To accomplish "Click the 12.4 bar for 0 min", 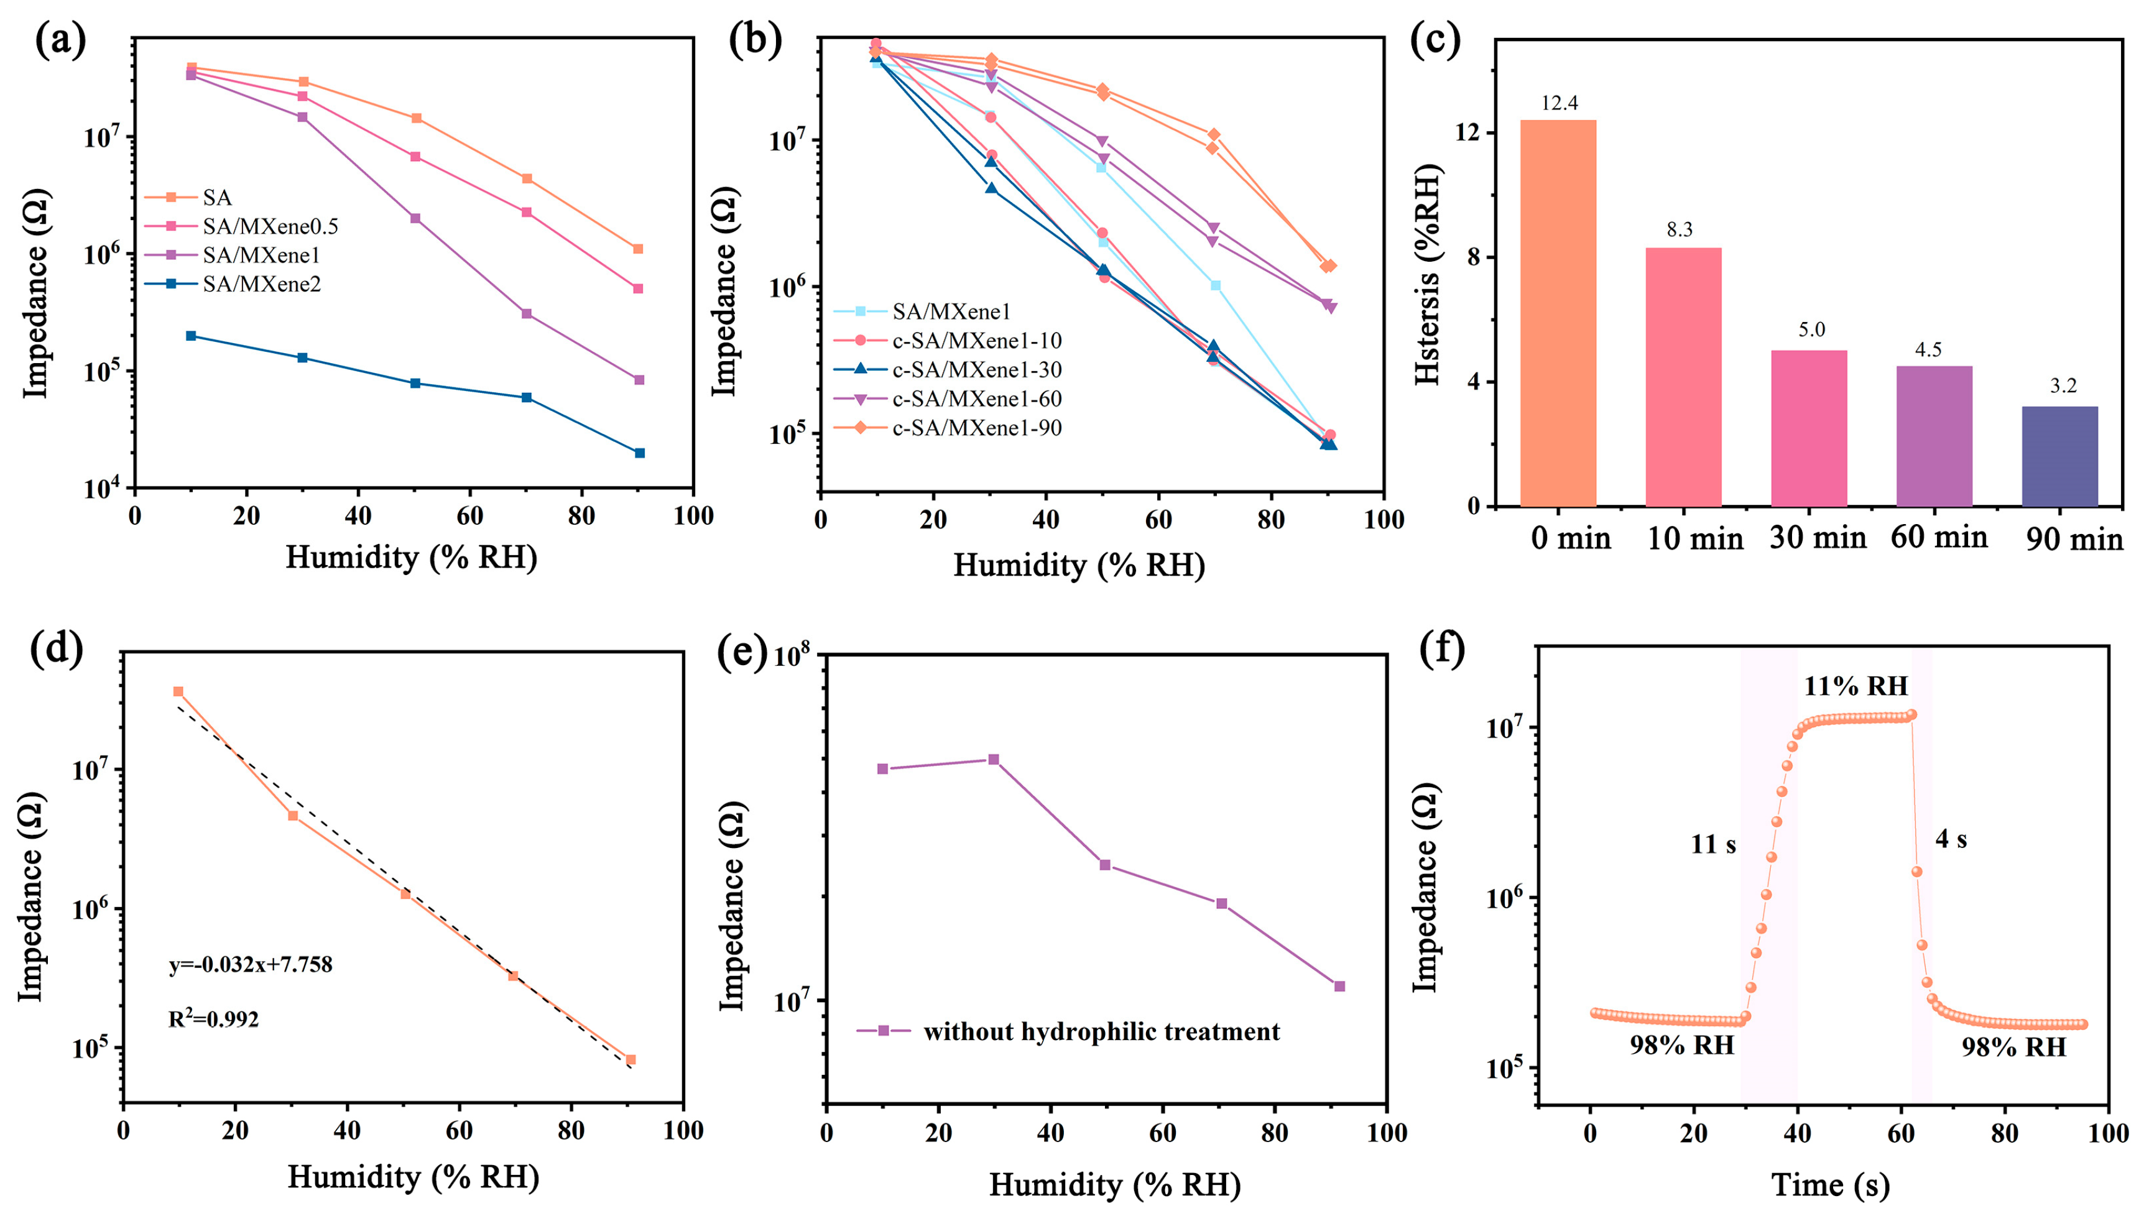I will pos(1557,313).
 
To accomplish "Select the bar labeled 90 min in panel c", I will pos(2059,456).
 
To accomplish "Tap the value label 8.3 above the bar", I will pos(1679,229).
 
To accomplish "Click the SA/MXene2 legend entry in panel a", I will pos(261,284).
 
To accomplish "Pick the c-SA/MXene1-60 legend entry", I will pos(976,398).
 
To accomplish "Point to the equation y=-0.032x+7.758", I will pos(251,965).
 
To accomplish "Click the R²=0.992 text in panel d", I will pos(214,1019).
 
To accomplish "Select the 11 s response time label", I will pos(1713,844).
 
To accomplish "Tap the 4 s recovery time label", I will pos(1951,839).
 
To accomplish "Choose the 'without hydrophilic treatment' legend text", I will pos(1101,1031).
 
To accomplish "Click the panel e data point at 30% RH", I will pos(994,759).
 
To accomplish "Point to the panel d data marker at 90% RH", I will pos(631,1059).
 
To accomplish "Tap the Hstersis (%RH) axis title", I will pos(1428,275).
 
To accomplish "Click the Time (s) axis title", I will pos(1830,1184).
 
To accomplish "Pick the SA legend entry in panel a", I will pos(216,198).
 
